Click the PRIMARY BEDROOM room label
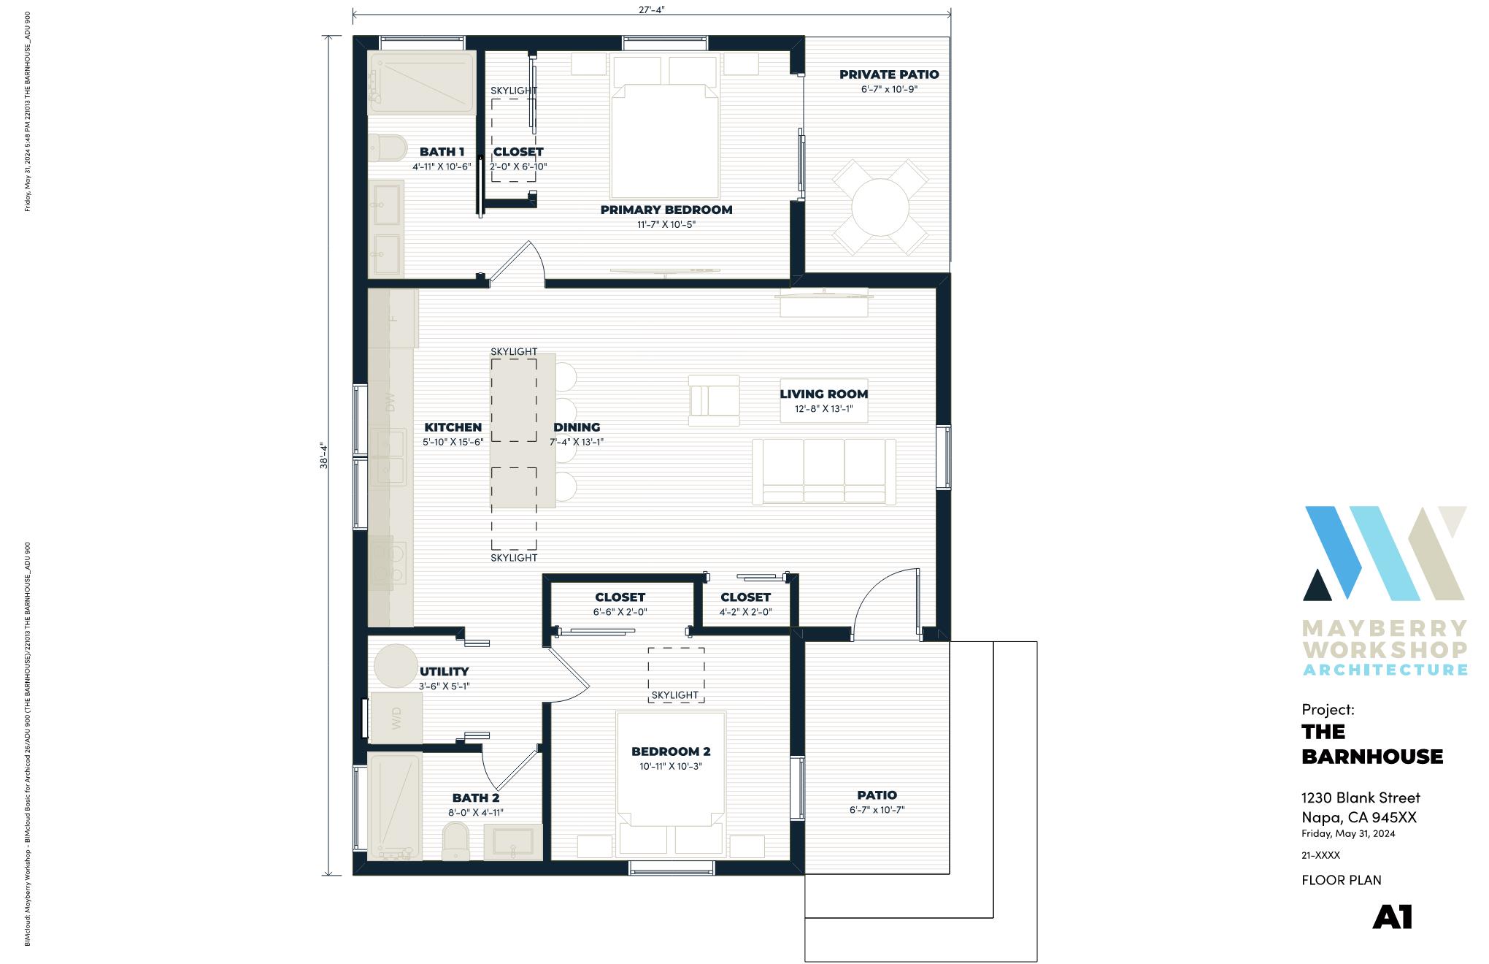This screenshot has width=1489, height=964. coord(666,210)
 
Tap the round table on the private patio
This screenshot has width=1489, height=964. coord(880,207)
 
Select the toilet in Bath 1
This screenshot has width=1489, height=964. coord(387,149)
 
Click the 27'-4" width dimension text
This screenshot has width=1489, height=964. coord(651,9)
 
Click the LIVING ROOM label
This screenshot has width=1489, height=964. coord(823,394)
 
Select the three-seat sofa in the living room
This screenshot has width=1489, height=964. coord(823,472)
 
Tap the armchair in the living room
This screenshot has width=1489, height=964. coord(713,399)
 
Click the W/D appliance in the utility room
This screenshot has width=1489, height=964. coord(396,719)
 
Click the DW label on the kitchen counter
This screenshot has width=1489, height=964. coord(390,402)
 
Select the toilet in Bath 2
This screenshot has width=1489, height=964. coord(456,841)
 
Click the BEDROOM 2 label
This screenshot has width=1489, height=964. coord(670,751)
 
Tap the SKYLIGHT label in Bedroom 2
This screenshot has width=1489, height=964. coord(674,695)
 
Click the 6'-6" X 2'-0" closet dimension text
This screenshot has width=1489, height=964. coord(620,613)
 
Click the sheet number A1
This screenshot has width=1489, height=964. coord(1392,918)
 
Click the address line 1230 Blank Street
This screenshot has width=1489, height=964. coord(1361,797)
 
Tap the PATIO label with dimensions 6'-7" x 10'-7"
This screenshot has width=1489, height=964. coord(877,795)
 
